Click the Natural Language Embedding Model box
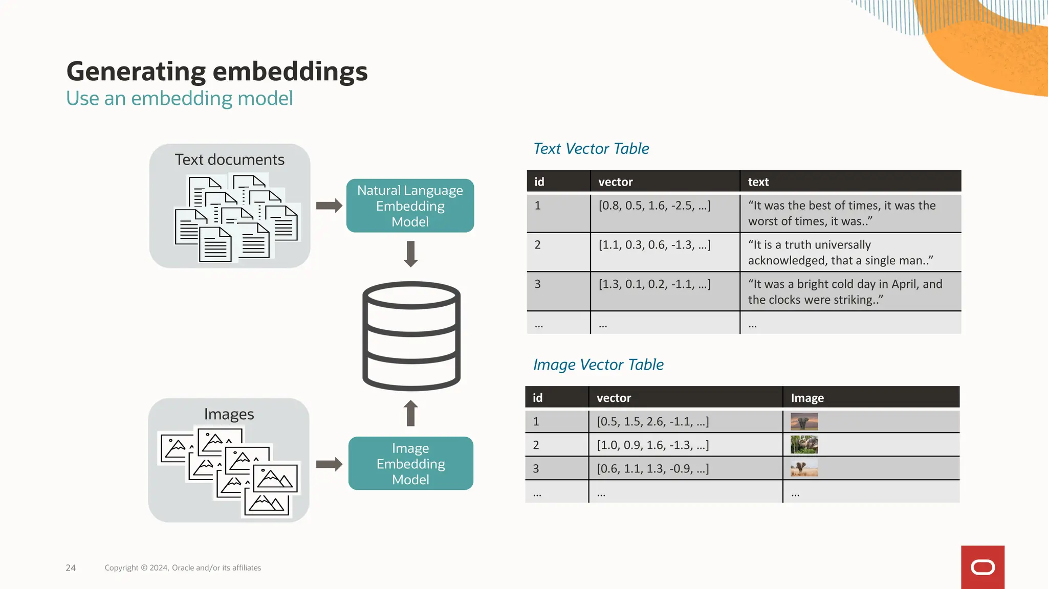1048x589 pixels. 410,206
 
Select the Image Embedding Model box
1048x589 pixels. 410,463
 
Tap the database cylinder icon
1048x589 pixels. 411,336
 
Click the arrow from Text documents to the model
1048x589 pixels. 329,206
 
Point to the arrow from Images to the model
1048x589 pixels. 329,464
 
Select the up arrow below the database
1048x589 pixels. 410,413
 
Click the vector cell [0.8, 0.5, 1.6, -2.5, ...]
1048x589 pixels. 654,206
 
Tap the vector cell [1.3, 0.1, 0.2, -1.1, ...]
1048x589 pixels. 654,284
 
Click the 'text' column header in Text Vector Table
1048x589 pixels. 758,182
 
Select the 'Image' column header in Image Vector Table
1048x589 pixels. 807,398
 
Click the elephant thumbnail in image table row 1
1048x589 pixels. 804,421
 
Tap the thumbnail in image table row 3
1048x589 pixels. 804,468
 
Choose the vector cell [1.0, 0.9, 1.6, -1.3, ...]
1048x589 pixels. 653,445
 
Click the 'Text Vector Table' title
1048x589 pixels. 591,149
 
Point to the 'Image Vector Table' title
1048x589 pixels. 598,365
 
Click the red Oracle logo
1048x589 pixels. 982,567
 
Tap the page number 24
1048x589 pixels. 71,568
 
